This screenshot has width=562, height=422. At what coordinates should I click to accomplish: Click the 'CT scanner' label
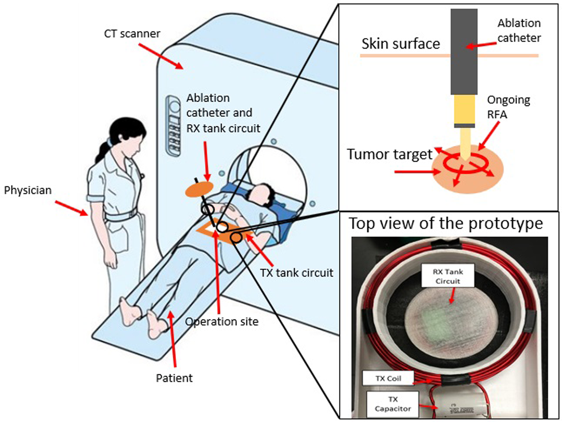click(x=132, y=34)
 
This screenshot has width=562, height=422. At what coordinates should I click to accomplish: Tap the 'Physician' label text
click(x=28, y=190)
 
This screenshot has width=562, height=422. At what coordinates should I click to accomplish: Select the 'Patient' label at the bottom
click(x=174, y=378)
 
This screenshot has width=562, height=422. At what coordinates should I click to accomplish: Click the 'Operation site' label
click(x=222, y=322)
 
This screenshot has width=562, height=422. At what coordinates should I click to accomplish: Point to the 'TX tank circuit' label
click(x=296, y=273)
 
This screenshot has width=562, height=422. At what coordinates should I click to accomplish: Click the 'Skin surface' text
click(x=401, y=44)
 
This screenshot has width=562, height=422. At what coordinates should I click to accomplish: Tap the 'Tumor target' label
click(x=390, y=154)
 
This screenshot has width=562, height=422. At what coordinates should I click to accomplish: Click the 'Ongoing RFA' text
click(x=508, y=107)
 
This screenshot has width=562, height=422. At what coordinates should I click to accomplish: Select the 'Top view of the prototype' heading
click(x=446, y=223)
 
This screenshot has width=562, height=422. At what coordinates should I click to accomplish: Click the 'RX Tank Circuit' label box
click(x=448, y=277)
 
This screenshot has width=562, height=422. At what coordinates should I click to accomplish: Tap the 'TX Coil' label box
click(x=388, y=378)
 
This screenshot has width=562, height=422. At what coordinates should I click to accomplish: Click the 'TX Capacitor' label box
click(x=392, y=404)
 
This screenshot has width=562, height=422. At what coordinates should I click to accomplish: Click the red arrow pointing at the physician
click(x=71, y=208)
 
